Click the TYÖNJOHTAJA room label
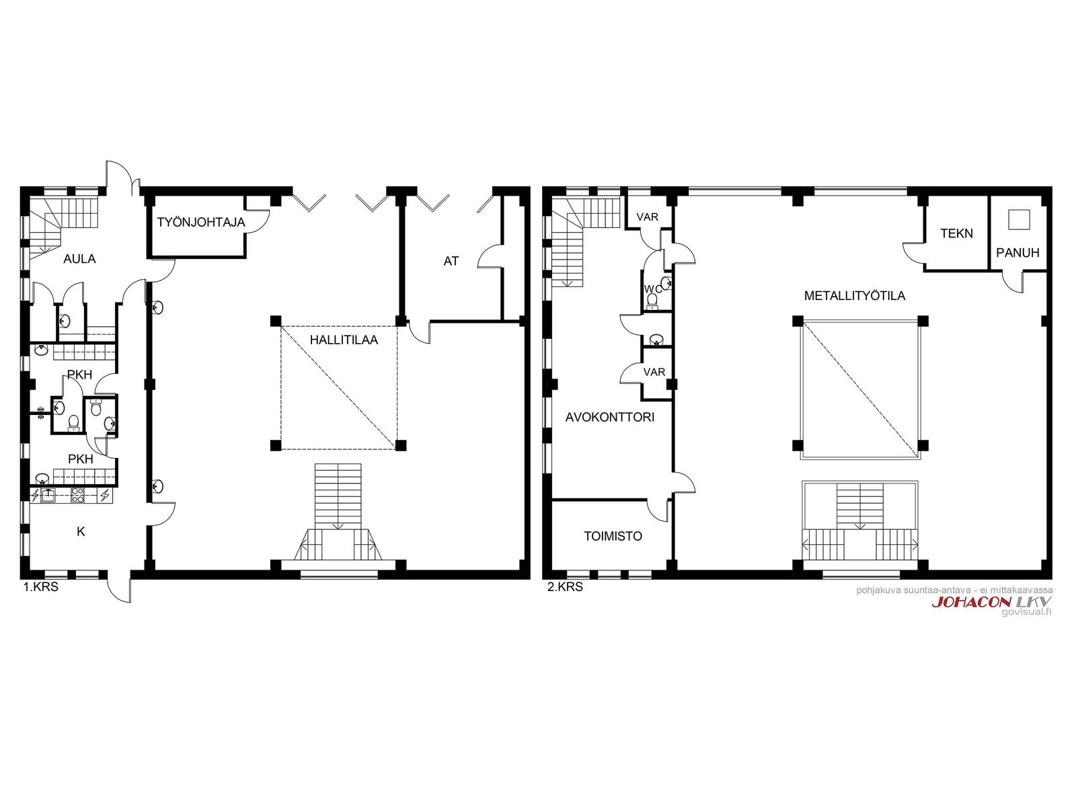201,223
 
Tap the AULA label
79,259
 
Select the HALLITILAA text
344,340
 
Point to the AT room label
451,261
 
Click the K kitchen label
81,531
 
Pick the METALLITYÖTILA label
855,296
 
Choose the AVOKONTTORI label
610,417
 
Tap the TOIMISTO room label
613,536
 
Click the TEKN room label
956,233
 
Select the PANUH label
1017,253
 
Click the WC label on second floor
653,290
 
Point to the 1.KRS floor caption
41,586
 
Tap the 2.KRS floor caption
565,586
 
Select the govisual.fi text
1026,612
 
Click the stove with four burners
78,496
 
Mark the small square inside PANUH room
1019,219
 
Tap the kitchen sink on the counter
48,496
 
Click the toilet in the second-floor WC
652,301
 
